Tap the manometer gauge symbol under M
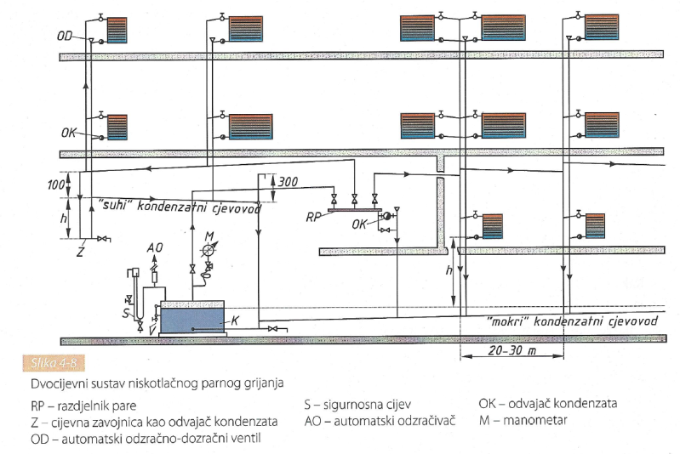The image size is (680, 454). (x=209, y=251)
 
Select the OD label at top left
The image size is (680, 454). (x=65, y=36)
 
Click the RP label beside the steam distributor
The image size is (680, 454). (x=313, y=217)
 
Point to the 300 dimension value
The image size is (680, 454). (x=288, y=181)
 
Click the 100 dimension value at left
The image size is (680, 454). (x=56, y=185)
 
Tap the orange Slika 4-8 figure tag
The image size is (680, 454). (x=54, y=362)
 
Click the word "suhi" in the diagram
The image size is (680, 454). (x=115, y=204)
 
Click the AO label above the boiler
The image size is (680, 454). (x=154, y=247)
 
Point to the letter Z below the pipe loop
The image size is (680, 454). (x=80, y=252)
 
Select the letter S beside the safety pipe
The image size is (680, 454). (x=126, y=313)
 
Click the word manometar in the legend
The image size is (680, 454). (x=535, y=420)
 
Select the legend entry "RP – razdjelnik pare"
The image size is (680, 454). (x=83, y=406)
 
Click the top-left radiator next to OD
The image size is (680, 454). (x=117, y=30)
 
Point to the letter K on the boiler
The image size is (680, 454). (x=235, y=321)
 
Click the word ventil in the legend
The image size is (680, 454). (x=246, y=439)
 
